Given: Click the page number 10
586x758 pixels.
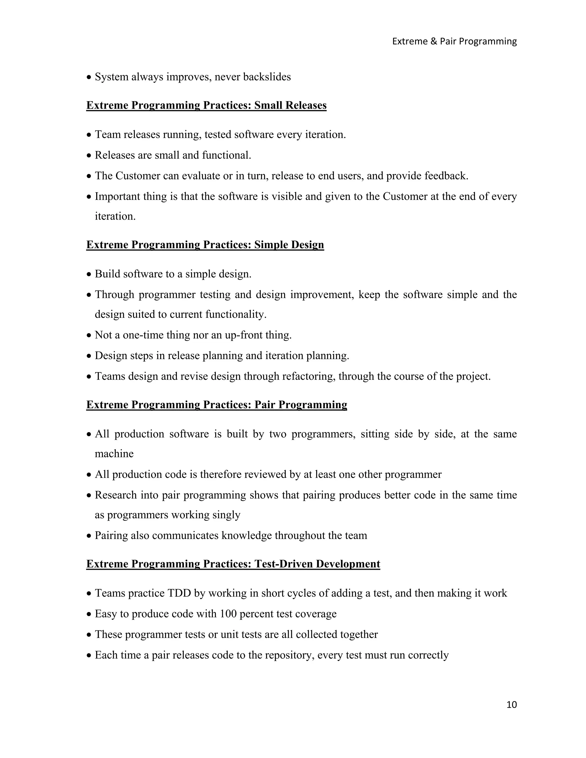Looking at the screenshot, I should (511, 705).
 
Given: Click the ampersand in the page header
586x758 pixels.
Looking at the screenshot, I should (433, 41).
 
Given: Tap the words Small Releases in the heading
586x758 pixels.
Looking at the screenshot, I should (290, 105).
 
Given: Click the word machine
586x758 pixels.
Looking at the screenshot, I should (114, 454).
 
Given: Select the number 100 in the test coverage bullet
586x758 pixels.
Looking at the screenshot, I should (228, 614).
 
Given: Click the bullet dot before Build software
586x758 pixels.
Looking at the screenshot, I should (89, 275).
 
